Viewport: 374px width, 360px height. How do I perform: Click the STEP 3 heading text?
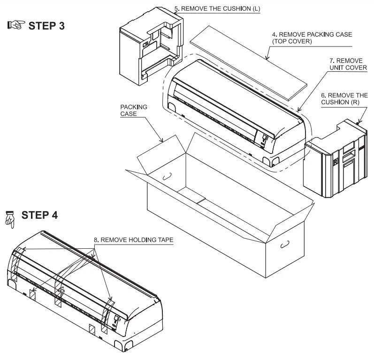tap(48, 25)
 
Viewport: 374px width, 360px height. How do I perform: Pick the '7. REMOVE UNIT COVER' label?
tap(347, 64)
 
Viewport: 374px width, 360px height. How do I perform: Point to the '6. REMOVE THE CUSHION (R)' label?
tap(348, 98)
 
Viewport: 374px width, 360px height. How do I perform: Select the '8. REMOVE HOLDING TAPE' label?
tap(133, 239)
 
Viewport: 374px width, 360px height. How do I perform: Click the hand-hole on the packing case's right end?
tap(284, 245)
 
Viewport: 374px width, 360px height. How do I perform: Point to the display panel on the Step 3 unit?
tap(265, 139)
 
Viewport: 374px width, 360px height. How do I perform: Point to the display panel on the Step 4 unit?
tap(116, 320)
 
